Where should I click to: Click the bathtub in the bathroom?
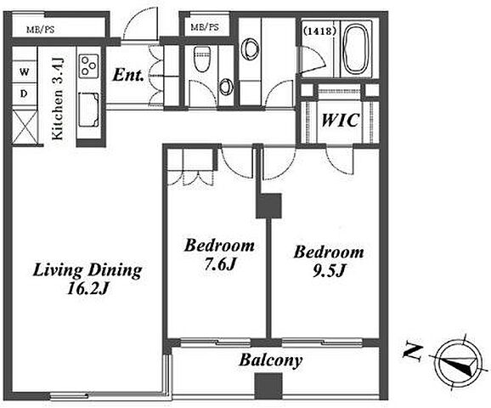tap(355, 50)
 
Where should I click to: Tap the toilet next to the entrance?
tap(200, 59)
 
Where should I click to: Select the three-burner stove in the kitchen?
tap(89, 66)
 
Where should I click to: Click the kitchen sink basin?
tap(88, 110)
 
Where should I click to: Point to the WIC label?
tap(340, 120)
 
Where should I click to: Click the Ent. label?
tap(128, 75)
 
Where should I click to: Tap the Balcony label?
tap(271, 360)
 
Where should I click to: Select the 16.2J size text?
tap(88, 289)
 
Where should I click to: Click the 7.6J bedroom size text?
tap(219, 265)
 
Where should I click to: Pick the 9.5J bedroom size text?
tap(329, 271)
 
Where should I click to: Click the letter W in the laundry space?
tap(24, 72)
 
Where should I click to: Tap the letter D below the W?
tap(24, 93)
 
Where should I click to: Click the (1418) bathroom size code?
tap(319, 31)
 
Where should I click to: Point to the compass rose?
tap(458, 365)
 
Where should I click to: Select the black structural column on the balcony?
tap(268, 386)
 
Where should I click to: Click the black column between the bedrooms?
tap(268, 206)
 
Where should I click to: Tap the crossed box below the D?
tap(25, 126)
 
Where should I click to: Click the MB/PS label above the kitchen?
tap(41, 30)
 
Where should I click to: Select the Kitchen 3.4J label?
tap(58, 99)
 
